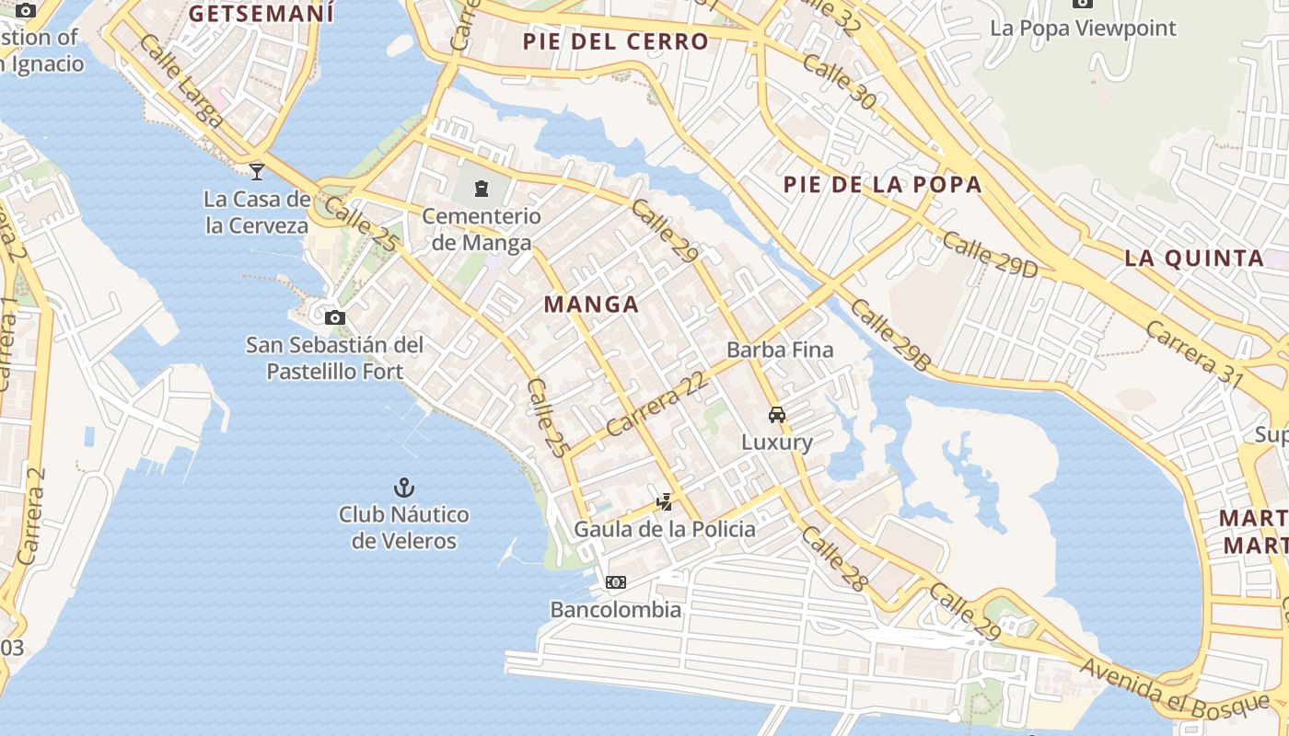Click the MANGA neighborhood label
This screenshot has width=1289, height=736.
[591, 305]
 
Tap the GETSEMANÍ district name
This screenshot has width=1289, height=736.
[261, 14]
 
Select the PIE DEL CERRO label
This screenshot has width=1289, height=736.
[616, 41]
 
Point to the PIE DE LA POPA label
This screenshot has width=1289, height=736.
[883, 184]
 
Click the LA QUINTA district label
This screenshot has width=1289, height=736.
[1194, 258]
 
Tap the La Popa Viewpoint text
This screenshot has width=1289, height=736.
[1083, 28]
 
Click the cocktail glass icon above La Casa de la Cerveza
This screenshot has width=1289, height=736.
[257, 171]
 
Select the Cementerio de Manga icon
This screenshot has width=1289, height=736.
[481, 190]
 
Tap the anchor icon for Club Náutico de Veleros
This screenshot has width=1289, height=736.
[403, 487]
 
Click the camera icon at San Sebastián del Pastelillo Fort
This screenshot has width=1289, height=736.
[335, 318]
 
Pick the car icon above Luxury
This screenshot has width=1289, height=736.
[777, 415]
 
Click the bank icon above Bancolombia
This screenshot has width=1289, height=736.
[616, 582]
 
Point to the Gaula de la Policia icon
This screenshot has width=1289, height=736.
[665, 502]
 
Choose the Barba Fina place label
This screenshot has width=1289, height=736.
[780, 350]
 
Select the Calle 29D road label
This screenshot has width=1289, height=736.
[990, 254]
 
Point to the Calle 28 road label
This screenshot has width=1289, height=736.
[834, 558]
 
